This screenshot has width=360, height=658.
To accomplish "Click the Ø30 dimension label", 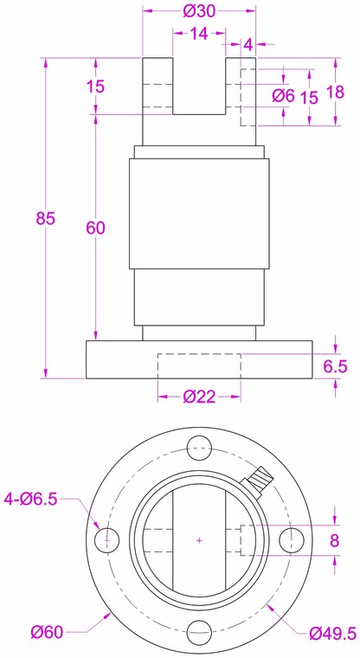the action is coord(199,11).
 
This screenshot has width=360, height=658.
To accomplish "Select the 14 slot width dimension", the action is coord(199,34).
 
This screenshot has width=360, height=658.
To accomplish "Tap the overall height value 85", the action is coord(45,218).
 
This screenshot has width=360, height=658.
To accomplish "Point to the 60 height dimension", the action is coord(96,228).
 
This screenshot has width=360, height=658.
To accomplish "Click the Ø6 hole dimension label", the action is coord(284,96).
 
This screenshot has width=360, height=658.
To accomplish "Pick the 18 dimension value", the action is coord(335,92).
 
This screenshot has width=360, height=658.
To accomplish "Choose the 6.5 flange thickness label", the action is coord(335,366).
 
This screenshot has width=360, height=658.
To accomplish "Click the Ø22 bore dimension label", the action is coord(199,397).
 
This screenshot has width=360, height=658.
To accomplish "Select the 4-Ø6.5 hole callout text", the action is coord(30,499).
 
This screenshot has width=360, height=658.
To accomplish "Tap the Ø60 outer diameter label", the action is coord(47,631).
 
